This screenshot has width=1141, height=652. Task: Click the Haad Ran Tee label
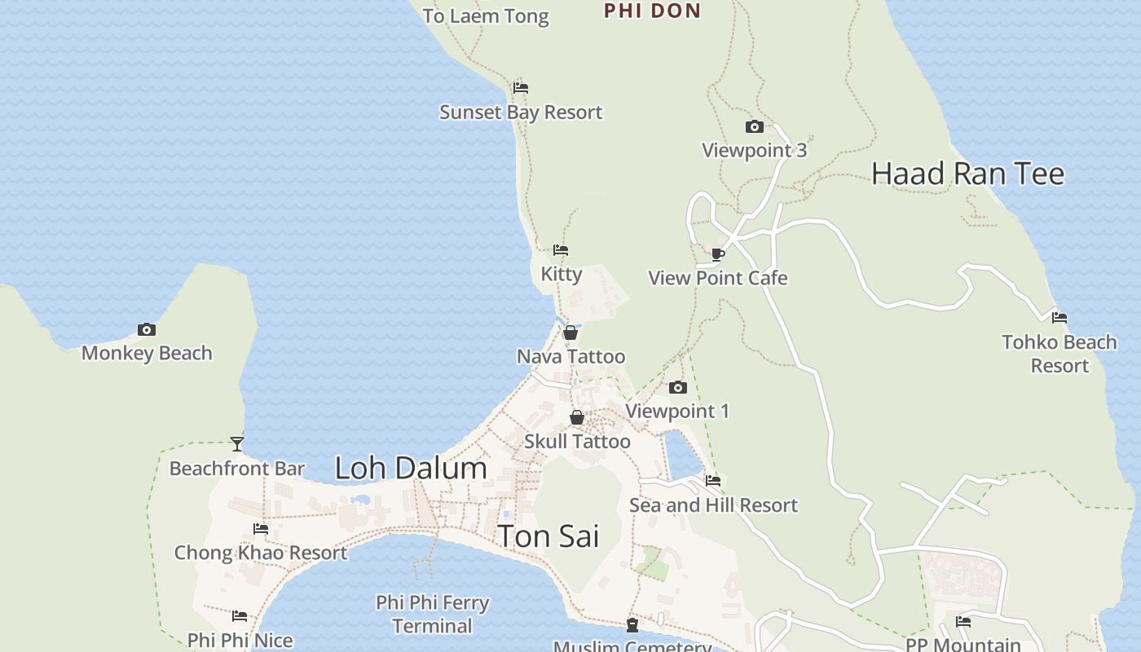point(967,174)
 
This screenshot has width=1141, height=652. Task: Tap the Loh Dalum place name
point(411,468)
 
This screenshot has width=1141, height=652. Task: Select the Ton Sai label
point(548,536)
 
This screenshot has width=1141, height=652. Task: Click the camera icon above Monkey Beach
point(147,329)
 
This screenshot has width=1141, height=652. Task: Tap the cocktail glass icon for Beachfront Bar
point(237,444)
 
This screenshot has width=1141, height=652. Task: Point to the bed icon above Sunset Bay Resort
point(521,88)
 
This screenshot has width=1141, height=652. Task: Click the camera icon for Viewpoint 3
point(755,126)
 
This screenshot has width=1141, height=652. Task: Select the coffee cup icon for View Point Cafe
point(718,254)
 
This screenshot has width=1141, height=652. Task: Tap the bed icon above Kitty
point(561,250)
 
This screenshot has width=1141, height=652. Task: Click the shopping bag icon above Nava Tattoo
point(570,333)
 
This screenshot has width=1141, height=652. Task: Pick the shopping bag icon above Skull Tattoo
point(577,417)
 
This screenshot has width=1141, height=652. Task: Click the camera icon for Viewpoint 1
point(677,387)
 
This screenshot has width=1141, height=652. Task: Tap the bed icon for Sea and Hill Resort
point(713,481)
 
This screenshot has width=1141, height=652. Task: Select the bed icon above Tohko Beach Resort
point(1059,318)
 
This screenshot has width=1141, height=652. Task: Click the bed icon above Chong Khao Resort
point(261,529)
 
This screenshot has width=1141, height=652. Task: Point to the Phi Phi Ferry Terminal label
point(433,615)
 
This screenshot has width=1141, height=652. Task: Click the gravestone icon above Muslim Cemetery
point(632,625)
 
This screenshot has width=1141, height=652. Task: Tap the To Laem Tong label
point(486,16)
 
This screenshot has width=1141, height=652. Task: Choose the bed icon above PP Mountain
point(963,622)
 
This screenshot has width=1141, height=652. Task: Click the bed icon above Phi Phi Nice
point(240,616)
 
